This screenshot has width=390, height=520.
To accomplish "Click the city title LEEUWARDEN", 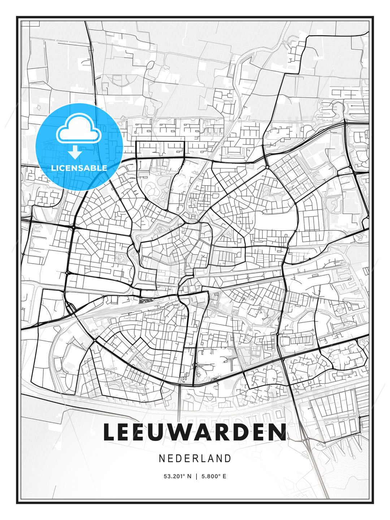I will click(195, 432).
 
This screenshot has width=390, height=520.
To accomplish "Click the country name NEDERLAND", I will click(195, 459).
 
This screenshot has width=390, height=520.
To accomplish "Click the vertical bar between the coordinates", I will click(196, 476).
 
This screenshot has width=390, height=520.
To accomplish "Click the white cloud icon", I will click(78, 129).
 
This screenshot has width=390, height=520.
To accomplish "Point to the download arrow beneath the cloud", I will click(75, 152).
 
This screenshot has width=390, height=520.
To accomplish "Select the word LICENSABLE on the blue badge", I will click(79, 168).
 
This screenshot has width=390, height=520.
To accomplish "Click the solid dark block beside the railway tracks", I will click(145, 300).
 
